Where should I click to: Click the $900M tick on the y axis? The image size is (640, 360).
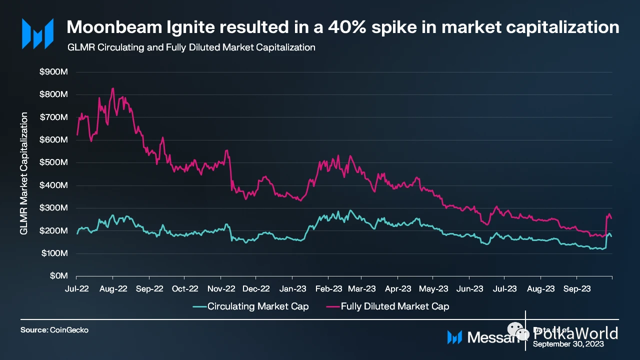[x=53, y=71]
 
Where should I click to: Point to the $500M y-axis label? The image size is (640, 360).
[x=53, y=162]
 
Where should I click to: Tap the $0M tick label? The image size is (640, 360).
[x=57, y=276]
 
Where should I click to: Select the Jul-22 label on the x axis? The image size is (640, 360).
[x=77, y=288]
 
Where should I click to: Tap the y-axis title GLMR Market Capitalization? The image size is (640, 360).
[x=23, y=174]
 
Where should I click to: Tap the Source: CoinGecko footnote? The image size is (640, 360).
[x=50, y=330]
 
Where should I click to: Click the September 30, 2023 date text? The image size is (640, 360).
[x=568, y=344]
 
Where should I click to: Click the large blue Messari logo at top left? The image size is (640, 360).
[x=37, y=33]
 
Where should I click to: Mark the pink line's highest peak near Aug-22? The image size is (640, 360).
[x=113, y=88]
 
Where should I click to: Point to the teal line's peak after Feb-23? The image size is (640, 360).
[x=350, y=210]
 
